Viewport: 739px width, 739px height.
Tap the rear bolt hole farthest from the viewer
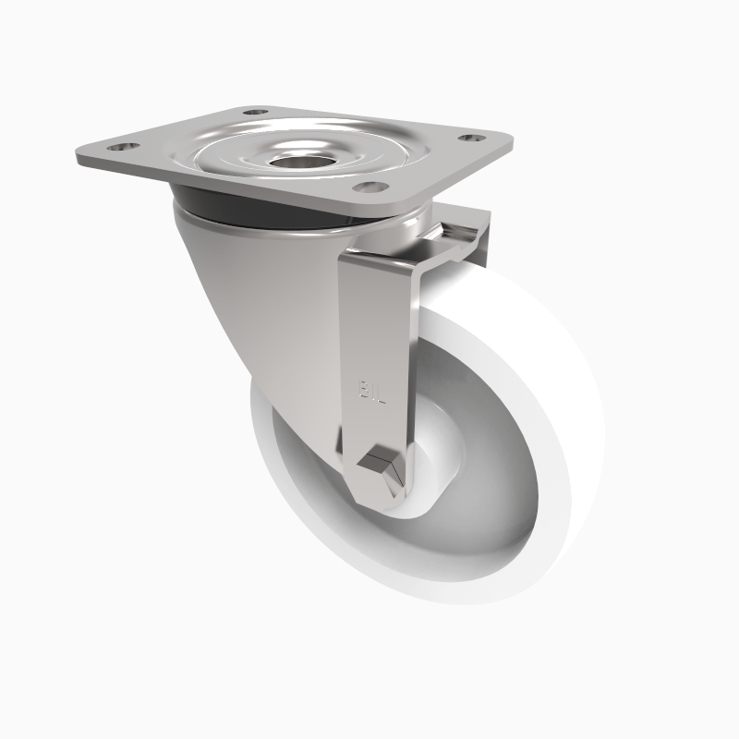254,112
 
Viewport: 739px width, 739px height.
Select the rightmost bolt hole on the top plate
471,138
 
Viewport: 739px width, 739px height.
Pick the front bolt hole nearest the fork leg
371,188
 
